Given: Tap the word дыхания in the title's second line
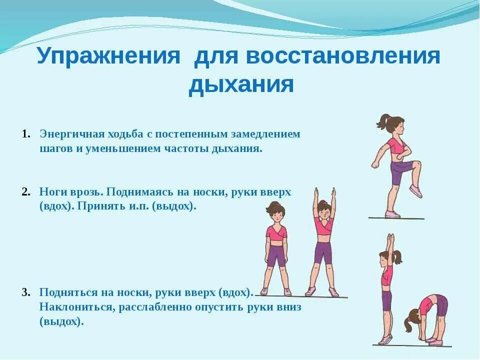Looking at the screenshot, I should click(240, 84).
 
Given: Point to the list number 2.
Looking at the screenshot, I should click(26, 192).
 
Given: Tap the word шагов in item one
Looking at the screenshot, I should click(56, 149).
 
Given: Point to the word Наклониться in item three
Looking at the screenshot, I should click(77, 307).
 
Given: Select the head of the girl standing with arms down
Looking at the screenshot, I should click(275, 210).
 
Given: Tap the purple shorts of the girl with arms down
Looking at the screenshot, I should click(276, 255).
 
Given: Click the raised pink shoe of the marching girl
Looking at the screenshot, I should click(415, 190).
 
